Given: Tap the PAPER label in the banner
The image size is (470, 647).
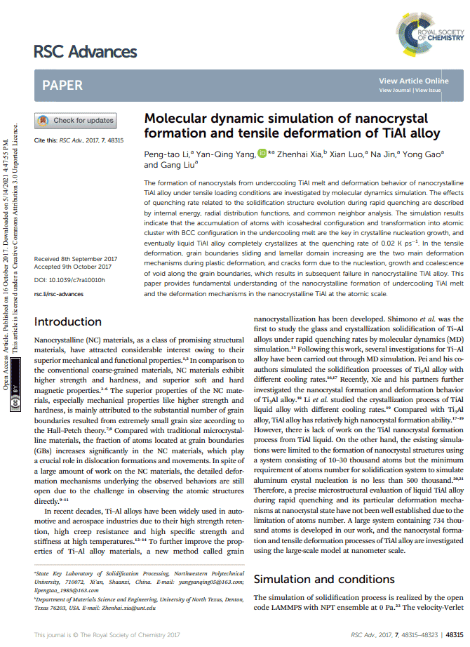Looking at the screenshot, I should pyautogui.click(x=62, y=86).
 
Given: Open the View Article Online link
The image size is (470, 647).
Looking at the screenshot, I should pyautogui.click(x=413, y=81).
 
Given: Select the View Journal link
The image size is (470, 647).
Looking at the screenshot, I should pyautogui.click(x=395, y=91).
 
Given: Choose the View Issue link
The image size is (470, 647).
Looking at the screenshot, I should pyautogui.click(x=428, y=91).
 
